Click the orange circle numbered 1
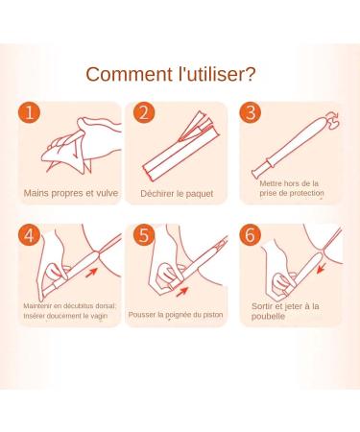point(29,112)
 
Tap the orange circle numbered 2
point(144,112)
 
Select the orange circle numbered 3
point(251,112)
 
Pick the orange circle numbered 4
point(29,235)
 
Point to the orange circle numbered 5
point(144,235)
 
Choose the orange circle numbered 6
point(251,235)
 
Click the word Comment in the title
point(130,74)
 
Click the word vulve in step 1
point(108,193)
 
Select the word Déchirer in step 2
point(156,194)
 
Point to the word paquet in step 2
point(200,194)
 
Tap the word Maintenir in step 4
point(36,306)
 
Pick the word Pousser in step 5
point(140,315)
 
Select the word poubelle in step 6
point(268,317)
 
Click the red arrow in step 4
point(91,273)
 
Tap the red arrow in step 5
point(182,292)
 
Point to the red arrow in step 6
point(322,268)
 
